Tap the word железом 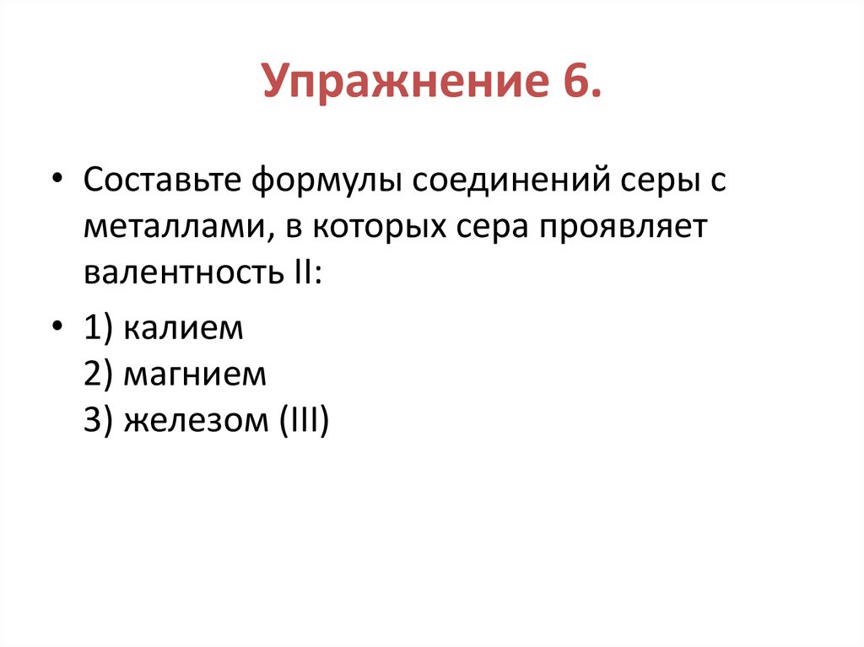click(192, 419)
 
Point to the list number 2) click(99, 374)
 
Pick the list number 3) click(99, 419)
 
